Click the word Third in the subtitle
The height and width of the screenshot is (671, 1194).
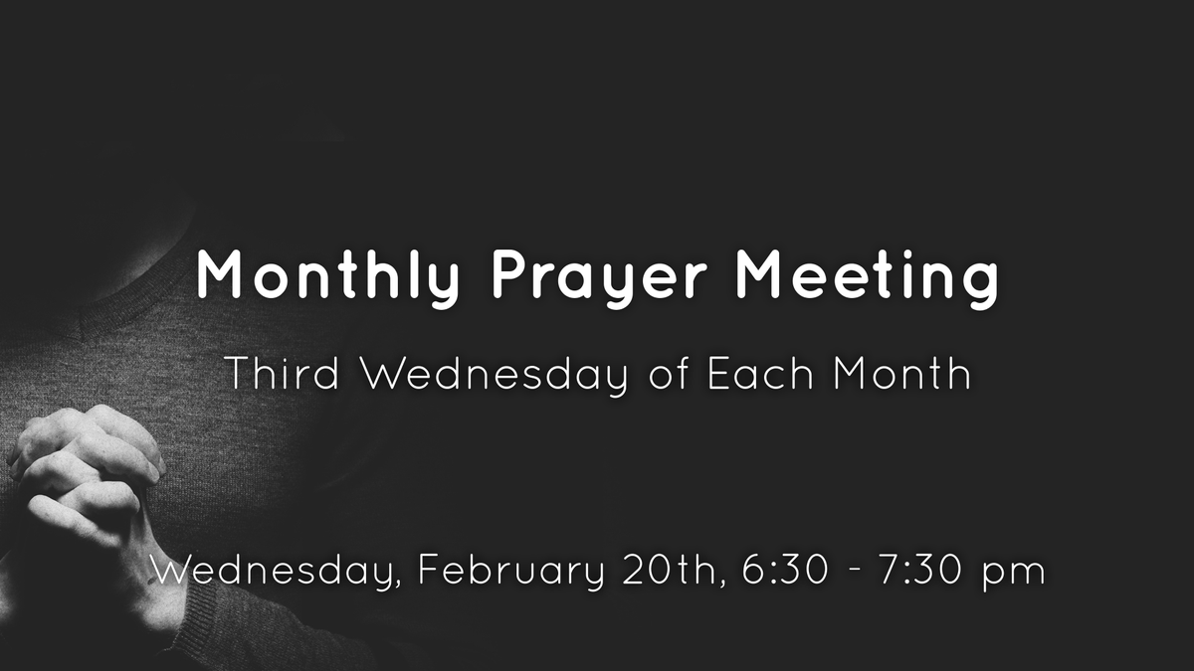(x=282, y=373)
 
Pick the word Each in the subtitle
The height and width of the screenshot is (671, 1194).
(x=760, y=373)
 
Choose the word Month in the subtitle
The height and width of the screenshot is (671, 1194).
(x=901, y=373)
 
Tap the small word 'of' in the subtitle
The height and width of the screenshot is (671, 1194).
(x=669, y=373)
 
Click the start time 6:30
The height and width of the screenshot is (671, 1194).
(x=785, y=570)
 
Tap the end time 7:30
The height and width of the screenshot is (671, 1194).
(x=922, y=570)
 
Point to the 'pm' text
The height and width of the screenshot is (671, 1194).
(x=1014, y=575)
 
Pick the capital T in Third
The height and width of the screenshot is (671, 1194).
(x=238, y=373)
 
